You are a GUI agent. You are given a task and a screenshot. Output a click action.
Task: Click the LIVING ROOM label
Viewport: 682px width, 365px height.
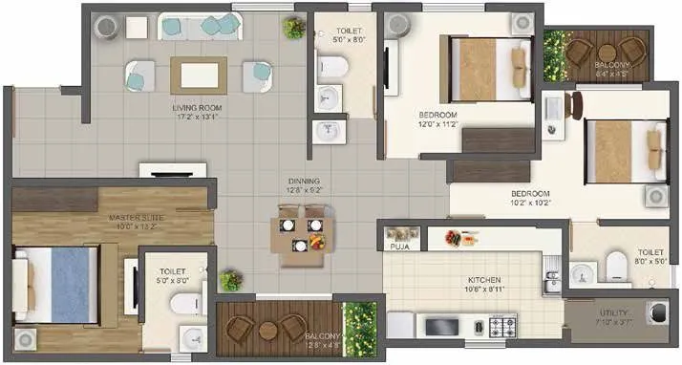197,113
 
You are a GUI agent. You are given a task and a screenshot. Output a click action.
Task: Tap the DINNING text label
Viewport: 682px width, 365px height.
305,184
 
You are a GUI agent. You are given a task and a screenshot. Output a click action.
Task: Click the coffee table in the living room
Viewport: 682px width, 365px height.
198,74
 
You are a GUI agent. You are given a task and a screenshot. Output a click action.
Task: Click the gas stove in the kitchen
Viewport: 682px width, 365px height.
502,327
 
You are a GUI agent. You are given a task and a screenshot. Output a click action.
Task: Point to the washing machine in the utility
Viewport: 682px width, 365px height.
656,313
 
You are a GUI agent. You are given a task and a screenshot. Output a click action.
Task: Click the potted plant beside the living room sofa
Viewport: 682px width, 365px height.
293,29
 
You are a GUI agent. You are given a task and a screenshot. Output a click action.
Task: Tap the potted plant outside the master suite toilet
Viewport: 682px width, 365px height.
229,280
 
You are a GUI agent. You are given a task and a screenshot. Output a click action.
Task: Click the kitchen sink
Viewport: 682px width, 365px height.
553,279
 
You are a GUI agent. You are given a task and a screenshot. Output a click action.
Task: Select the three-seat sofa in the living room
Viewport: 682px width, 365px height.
199,26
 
